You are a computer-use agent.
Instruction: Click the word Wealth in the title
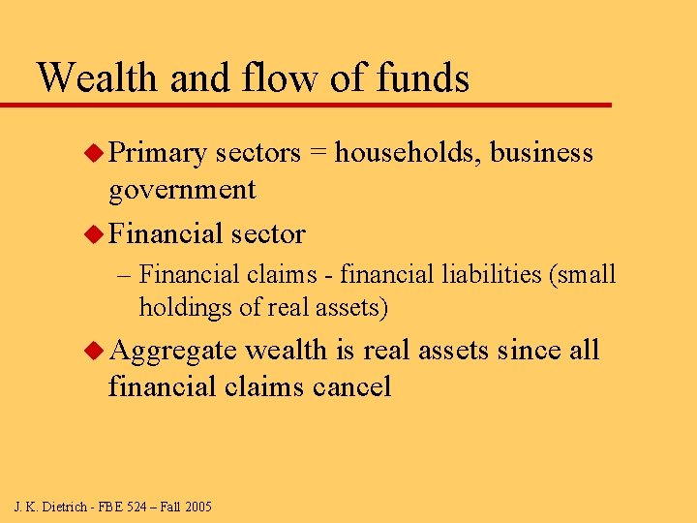98,77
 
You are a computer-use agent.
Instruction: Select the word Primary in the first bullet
158,153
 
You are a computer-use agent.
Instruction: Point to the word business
542,153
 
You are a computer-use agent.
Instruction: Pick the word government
182,190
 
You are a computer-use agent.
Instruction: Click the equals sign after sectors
319,154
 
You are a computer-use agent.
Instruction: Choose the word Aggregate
173,352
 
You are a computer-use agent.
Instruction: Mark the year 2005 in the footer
197,507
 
